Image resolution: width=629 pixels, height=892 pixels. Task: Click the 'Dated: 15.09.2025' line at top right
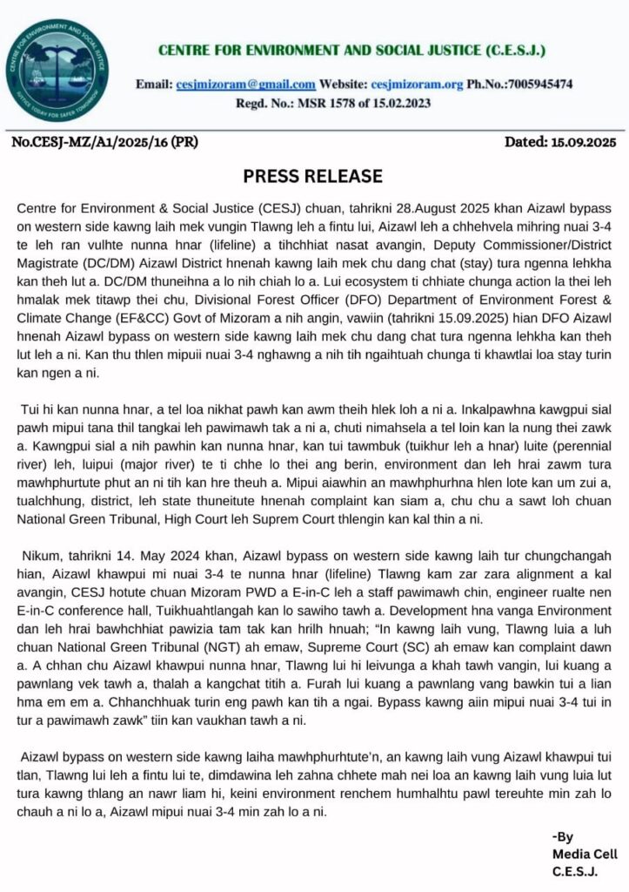[560, 141]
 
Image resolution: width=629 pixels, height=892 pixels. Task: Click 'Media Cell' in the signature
[584, 855]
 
